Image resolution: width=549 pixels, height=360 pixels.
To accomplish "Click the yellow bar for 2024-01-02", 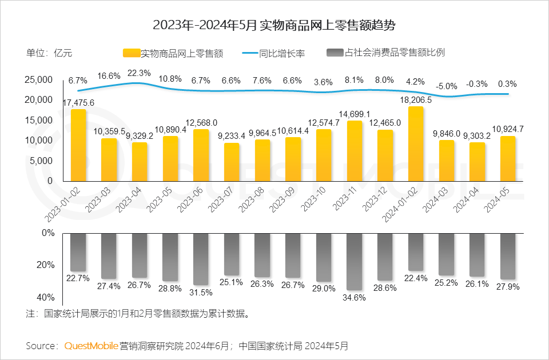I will click(416, 144).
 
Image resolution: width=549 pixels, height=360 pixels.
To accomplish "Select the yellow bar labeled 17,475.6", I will click(78, 145).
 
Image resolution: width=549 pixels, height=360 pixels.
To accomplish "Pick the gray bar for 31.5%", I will click(201, 259).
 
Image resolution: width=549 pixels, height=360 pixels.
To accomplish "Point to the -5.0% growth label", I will click(447, 86).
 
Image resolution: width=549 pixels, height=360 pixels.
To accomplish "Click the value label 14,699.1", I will click(355, 114).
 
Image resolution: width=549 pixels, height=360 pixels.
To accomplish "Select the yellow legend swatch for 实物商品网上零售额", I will click(131, 53).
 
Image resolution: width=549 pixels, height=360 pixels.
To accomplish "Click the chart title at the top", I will click(274, 26).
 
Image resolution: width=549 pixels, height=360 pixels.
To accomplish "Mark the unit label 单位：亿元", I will click(50, 53).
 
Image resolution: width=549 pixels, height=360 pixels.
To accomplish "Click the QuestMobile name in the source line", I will click(91, 346).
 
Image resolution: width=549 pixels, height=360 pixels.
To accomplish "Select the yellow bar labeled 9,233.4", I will click(232, 162).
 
